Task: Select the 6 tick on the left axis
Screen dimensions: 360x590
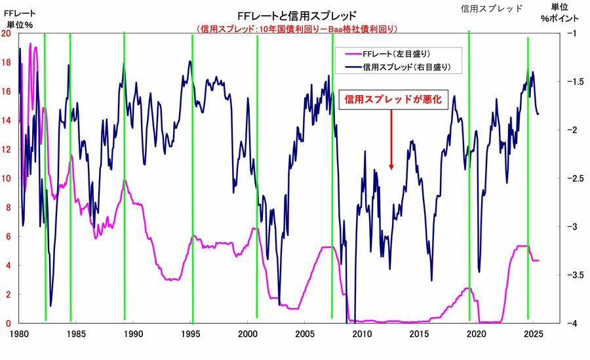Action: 9,236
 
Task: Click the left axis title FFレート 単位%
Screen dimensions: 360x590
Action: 20,18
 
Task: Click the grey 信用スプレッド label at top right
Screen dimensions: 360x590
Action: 492,9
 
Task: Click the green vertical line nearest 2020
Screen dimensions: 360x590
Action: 469,177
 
